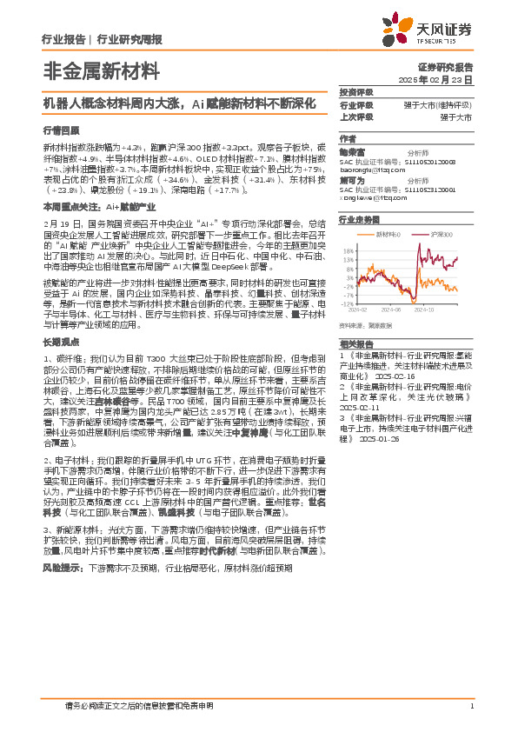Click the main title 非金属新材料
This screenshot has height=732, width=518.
tap(94, 71)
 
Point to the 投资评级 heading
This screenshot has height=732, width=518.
tap(355, 91)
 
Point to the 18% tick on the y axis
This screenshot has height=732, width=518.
tap(349, 247)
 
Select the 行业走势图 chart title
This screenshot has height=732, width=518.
tap(360, 220)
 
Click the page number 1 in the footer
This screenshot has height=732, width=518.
tap(470, 707)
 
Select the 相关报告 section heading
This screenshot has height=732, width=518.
tap(355, 344)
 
